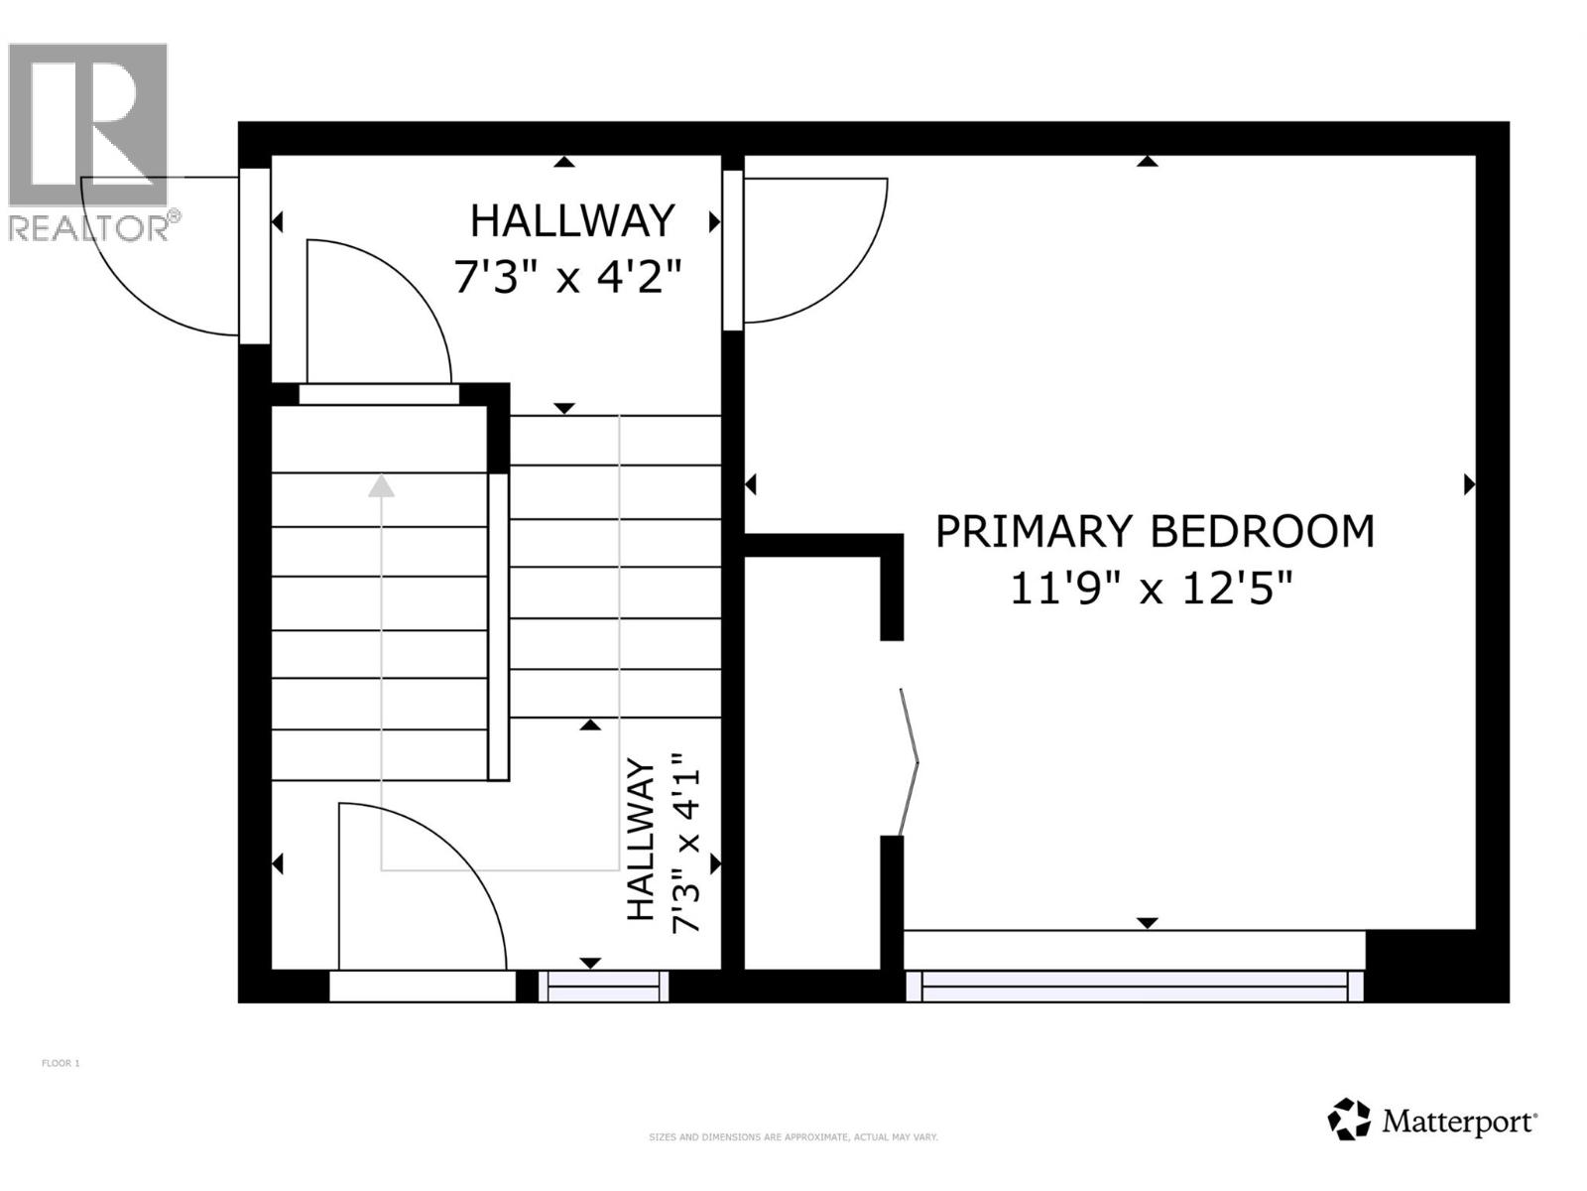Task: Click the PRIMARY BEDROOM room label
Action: (x=1155, y=531)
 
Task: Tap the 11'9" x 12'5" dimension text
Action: (x=1152, y=590)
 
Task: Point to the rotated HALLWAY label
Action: (x=642, y=840)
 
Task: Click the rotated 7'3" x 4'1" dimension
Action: (x=686, y=849)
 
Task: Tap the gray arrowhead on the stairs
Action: (x=381, y=486)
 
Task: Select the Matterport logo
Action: (x=1432, y=1122)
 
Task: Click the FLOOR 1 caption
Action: (x=61, y=1063)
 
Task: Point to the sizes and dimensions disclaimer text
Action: (x=793, y=1137)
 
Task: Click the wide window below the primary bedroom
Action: (x=1135, y=986)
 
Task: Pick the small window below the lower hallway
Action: (x=603, y=987)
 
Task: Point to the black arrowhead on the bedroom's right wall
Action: (x=1469, y=484)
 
